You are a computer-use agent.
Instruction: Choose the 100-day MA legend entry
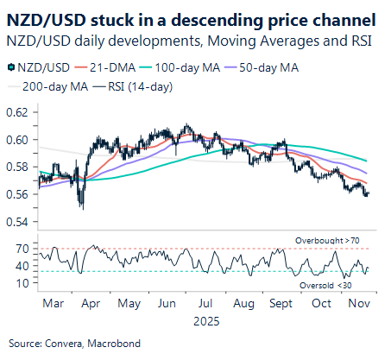(187, 66)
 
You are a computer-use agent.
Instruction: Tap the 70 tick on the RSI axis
(22, 249)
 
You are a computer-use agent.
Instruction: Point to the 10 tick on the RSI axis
(22, 282)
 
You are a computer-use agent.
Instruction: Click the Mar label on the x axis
(52, 304)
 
